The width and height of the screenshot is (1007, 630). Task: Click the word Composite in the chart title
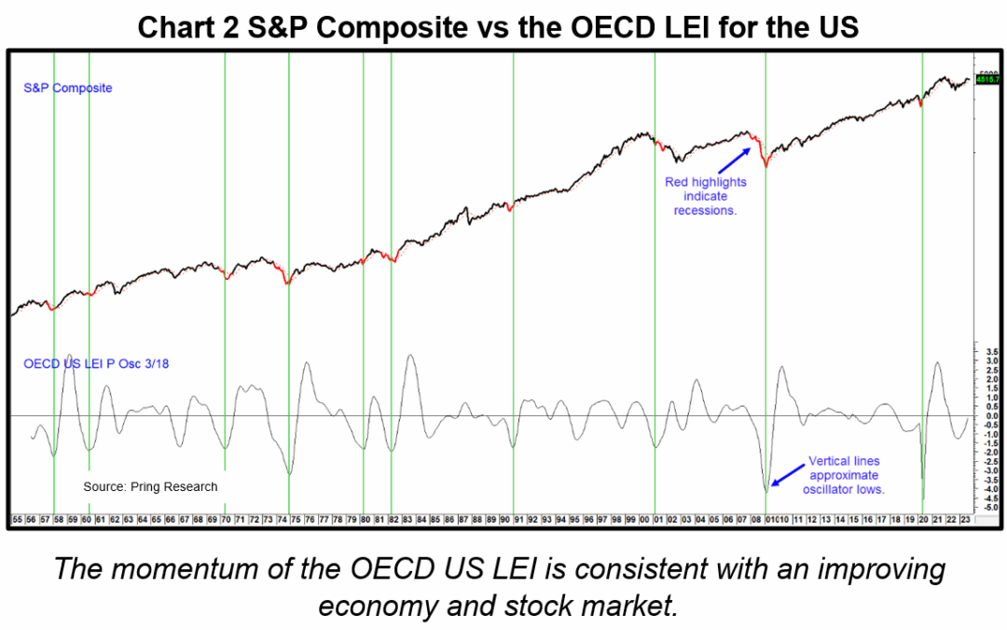(391, 28)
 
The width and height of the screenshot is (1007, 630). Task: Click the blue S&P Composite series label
(67, 88)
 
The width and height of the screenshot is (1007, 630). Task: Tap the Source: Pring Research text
(150, 486)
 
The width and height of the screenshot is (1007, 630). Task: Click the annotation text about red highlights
(705, 196)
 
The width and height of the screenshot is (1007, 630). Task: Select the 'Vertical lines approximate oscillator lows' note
(845, 475)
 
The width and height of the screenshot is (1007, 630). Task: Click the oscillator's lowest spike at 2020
(923, 499)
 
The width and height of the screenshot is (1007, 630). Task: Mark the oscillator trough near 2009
(766, 490)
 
